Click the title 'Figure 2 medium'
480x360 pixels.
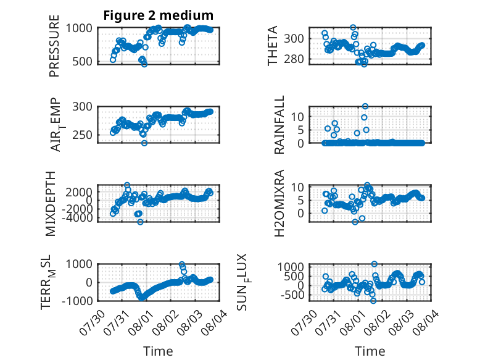click(159, 15)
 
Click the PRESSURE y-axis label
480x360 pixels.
click(54, 46)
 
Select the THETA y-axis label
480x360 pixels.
click(272, 46)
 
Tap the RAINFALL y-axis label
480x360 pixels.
click(279, 125)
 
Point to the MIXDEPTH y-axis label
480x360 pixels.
click(51, 204)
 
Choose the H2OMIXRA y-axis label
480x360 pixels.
click(279, 203)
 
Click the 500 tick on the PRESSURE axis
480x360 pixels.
click(82, 62)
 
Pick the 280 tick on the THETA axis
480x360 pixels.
click(294, 59)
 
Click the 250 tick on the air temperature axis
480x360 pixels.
click(82, 135)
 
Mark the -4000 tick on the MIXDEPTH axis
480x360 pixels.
click(79, 218)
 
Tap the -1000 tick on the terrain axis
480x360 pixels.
click(77, 301)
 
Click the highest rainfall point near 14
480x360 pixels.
click(365, 106)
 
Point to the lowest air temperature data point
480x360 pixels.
click(144, 143)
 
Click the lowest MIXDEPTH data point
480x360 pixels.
click(140, 222)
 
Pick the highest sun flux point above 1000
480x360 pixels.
click(374, 264)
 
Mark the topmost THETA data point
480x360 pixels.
click(353, 28)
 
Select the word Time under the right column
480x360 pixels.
click(370, 351)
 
